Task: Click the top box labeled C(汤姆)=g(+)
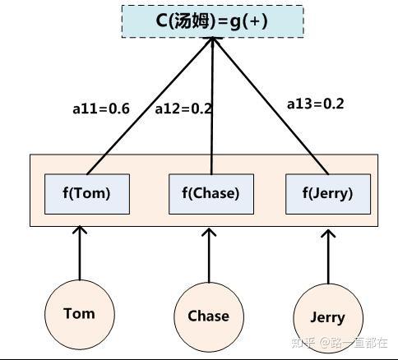[x=212, y=21]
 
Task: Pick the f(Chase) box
[x=211, y=194]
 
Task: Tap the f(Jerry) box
[x=327, y=194]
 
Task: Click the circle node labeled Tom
[x=80, y=313]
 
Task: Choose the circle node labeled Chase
[x=209, y=316]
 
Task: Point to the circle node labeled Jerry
[x=327, y=318]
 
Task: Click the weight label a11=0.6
[x=100, y=108]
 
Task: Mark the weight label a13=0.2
[x=315, y=104]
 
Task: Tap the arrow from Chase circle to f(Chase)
[x=210, y=256]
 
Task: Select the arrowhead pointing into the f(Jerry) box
[x=328, y=236]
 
